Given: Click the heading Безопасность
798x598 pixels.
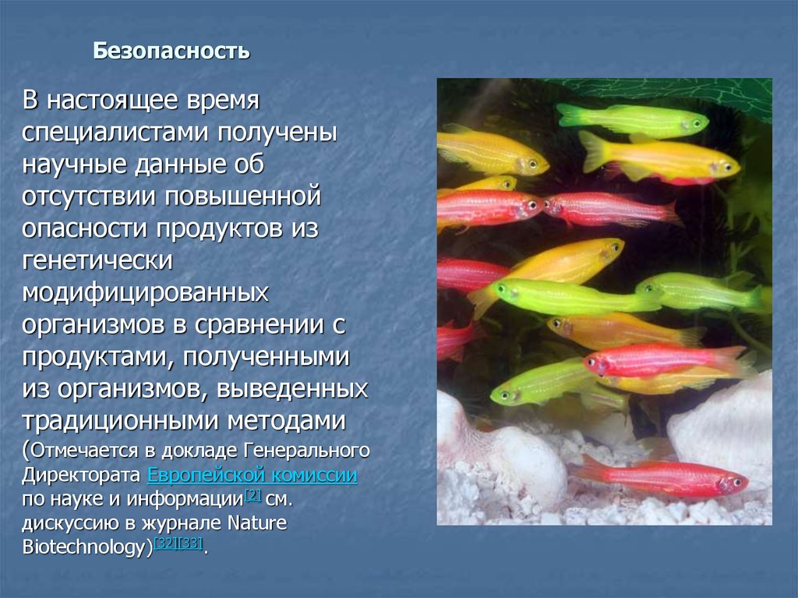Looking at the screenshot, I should [x=171, y=52].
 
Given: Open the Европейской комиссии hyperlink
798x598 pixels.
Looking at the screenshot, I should [x=252, y=475].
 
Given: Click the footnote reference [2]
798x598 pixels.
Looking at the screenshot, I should [x=252, y=495].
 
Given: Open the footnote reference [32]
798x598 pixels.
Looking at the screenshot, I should [x=166, y=543].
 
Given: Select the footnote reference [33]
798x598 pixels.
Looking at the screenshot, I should [x=191, y=543].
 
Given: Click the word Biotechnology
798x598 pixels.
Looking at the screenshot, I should [x=85, y=547].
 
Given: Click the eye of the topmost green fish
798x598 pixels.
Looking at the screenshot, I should [x=688, y=123].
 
